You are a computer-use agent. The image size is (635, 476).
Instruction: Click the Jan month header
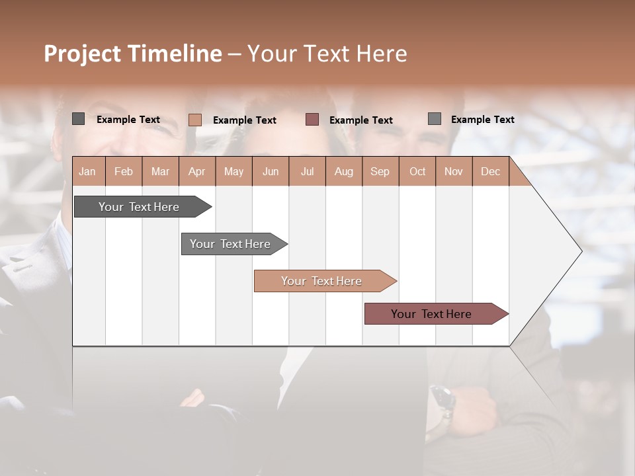pyautogui.click(x=87, y=171)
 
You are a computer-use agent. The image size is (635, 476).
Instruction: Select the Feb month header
pyautogui.click(x=124, y=171)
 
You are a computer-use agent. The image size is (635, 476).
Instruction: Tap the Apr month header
pyautogui.click(x=196, y=171)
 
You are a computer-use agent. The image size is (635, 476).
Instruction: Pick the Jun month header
pyautogui.click(x=271, y=171)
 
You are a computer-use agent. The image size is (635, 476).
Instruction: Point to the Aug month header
pyautogui.click(x=343, y=171)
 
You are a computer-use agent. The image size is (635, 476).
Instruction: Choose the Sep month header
pyautogui.click(x=380, y=171)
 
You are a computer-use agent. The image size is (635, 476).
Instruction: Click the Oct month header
pyautogui.click(x=417, y=171)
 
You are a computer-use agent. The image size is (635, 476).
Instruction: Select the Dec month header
pyautogui.click(x=490, y=171)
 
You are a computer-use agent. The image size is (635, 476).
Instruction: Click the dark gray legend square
pyautogui.click(x=78, y=119)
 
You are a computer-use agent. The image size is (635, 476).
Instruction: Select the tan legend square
pyautogui.click(x=195, y=120)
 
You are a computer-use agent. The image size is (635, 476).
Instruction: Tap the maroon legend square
pyautogui.click(x=312, y=119)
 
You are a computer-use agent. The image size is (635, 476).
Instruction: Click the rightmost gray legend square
pyautogui.click(x=435, y=119)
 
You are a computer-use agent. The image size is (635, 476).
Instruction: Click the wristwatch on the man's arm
pyautogui.click(x=441, y=401)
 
